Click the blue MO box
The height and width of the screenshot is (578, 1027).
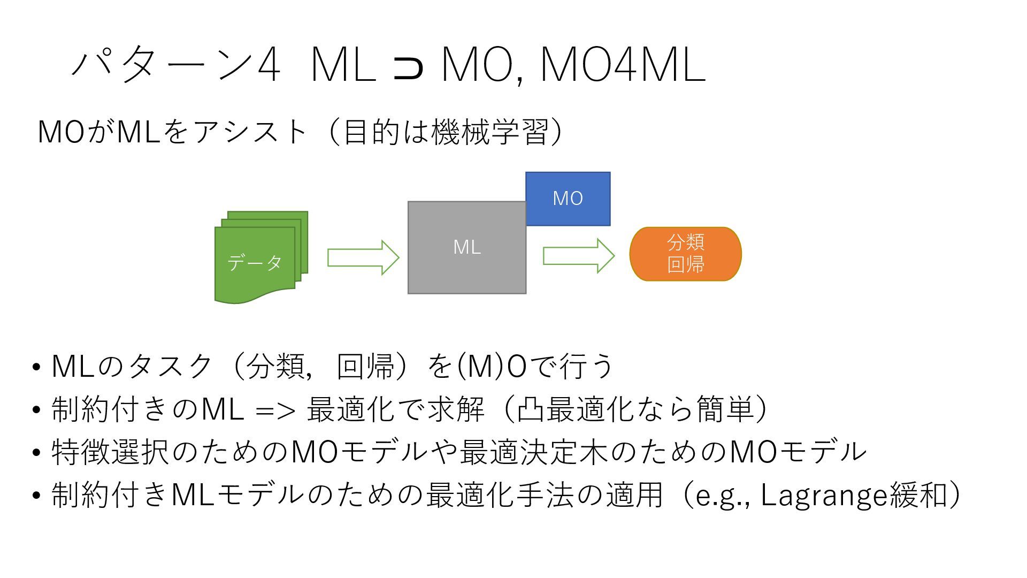[x=568, y=199]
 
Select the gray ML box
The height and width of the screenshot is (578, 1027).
[x=466, y=247]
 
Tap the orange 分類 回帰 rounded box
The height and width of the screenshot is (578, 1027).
[x=685, y=254]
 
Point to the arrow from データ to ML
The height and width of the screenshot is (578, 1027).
[x=363, y=257]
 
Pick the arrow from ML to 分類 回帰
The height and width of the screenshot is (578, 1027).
[x=579, y=256]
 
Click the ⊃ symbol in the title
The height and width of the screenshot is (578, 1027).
[x=408, y=67]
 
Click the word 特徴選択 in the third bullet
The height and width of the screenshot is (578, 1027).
[x=110, y=452]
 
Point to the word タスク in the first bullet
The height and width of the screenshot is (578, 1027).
[x=171, y=367]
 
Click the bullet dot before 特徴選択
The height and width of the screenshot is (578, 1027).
[x=36, y=453]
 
